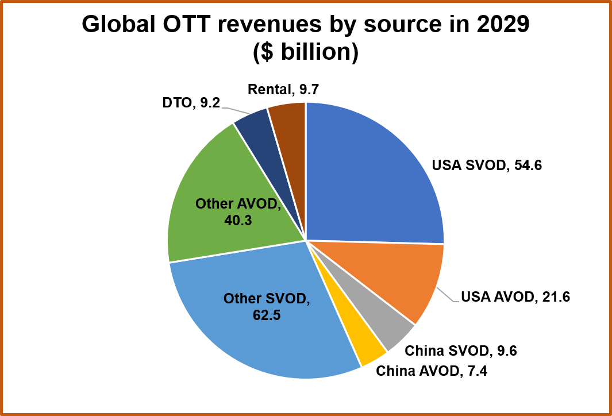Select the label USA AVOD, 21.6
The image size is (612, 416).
(515, 297)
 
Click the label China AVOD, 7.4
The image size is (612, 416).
(432, 371)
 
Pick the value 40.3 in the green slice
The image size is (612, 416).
(238, 220)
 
